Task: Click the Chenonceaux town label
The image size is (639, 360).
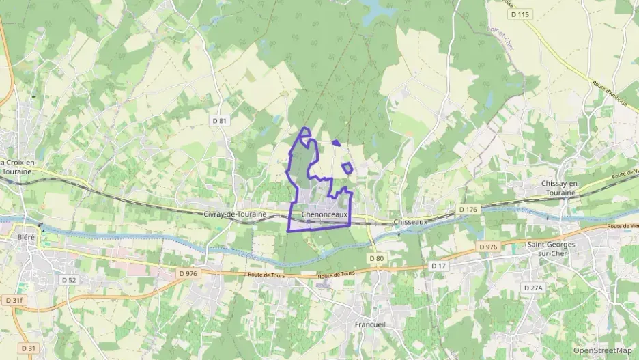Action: click(324, 214)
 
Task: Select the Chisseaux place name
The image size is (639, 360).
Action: click(410, 222)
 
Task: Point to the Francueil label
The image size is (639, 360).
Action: click(371, 324)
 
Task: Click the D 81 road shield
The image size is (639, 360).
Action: click(219, 120)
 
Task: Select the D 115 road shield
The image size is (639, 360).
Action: click(520, 14)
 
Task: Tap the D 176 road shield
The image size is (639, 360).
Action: click(468, 209)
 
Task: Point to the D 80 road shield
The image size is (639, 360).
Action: click(377, 258)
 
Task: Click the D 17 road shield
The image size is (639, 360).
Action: click(438, 265)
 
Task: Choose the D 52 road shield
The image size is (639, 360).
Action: click(68, 280)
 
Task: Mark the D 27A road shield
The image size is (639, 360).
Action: click(533, 288)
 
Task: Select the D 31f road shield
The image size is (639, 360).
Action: click(13, 300)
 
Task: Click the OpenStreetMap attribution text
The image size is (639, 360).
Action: click(602, 350)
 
